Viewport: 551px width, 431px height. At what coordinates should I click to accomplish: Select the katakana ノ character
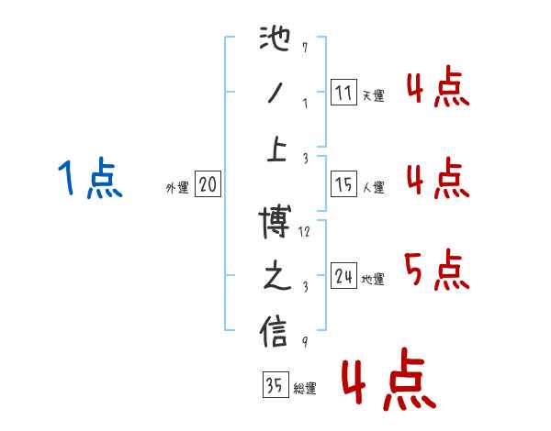pos(275,95)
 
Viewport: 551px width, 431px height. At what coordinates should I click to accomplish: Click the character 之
pos(275,279)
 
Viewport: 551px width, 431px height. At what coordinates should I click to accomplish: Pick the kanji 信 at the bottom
pos(275,332)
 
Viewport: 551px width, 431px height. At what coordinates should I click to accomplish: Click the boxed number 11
pos(343,92)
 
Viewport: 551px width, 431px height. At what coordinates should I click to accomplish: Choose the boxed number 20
pos(208,184)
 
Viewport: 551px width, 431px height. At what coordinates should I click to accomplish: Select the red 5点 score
pos(435,271)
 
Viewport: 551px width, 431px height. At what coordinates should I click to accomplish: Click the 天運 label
pos(373,94)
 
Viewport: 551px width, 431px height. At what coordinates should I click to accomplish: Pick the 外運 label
pos(176,187)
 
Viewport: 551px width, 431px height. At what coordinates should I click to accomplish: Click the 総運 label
pos(304,389)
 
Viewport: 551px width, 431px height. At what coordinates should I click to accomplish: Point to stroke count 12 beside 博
pos(306,232)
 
